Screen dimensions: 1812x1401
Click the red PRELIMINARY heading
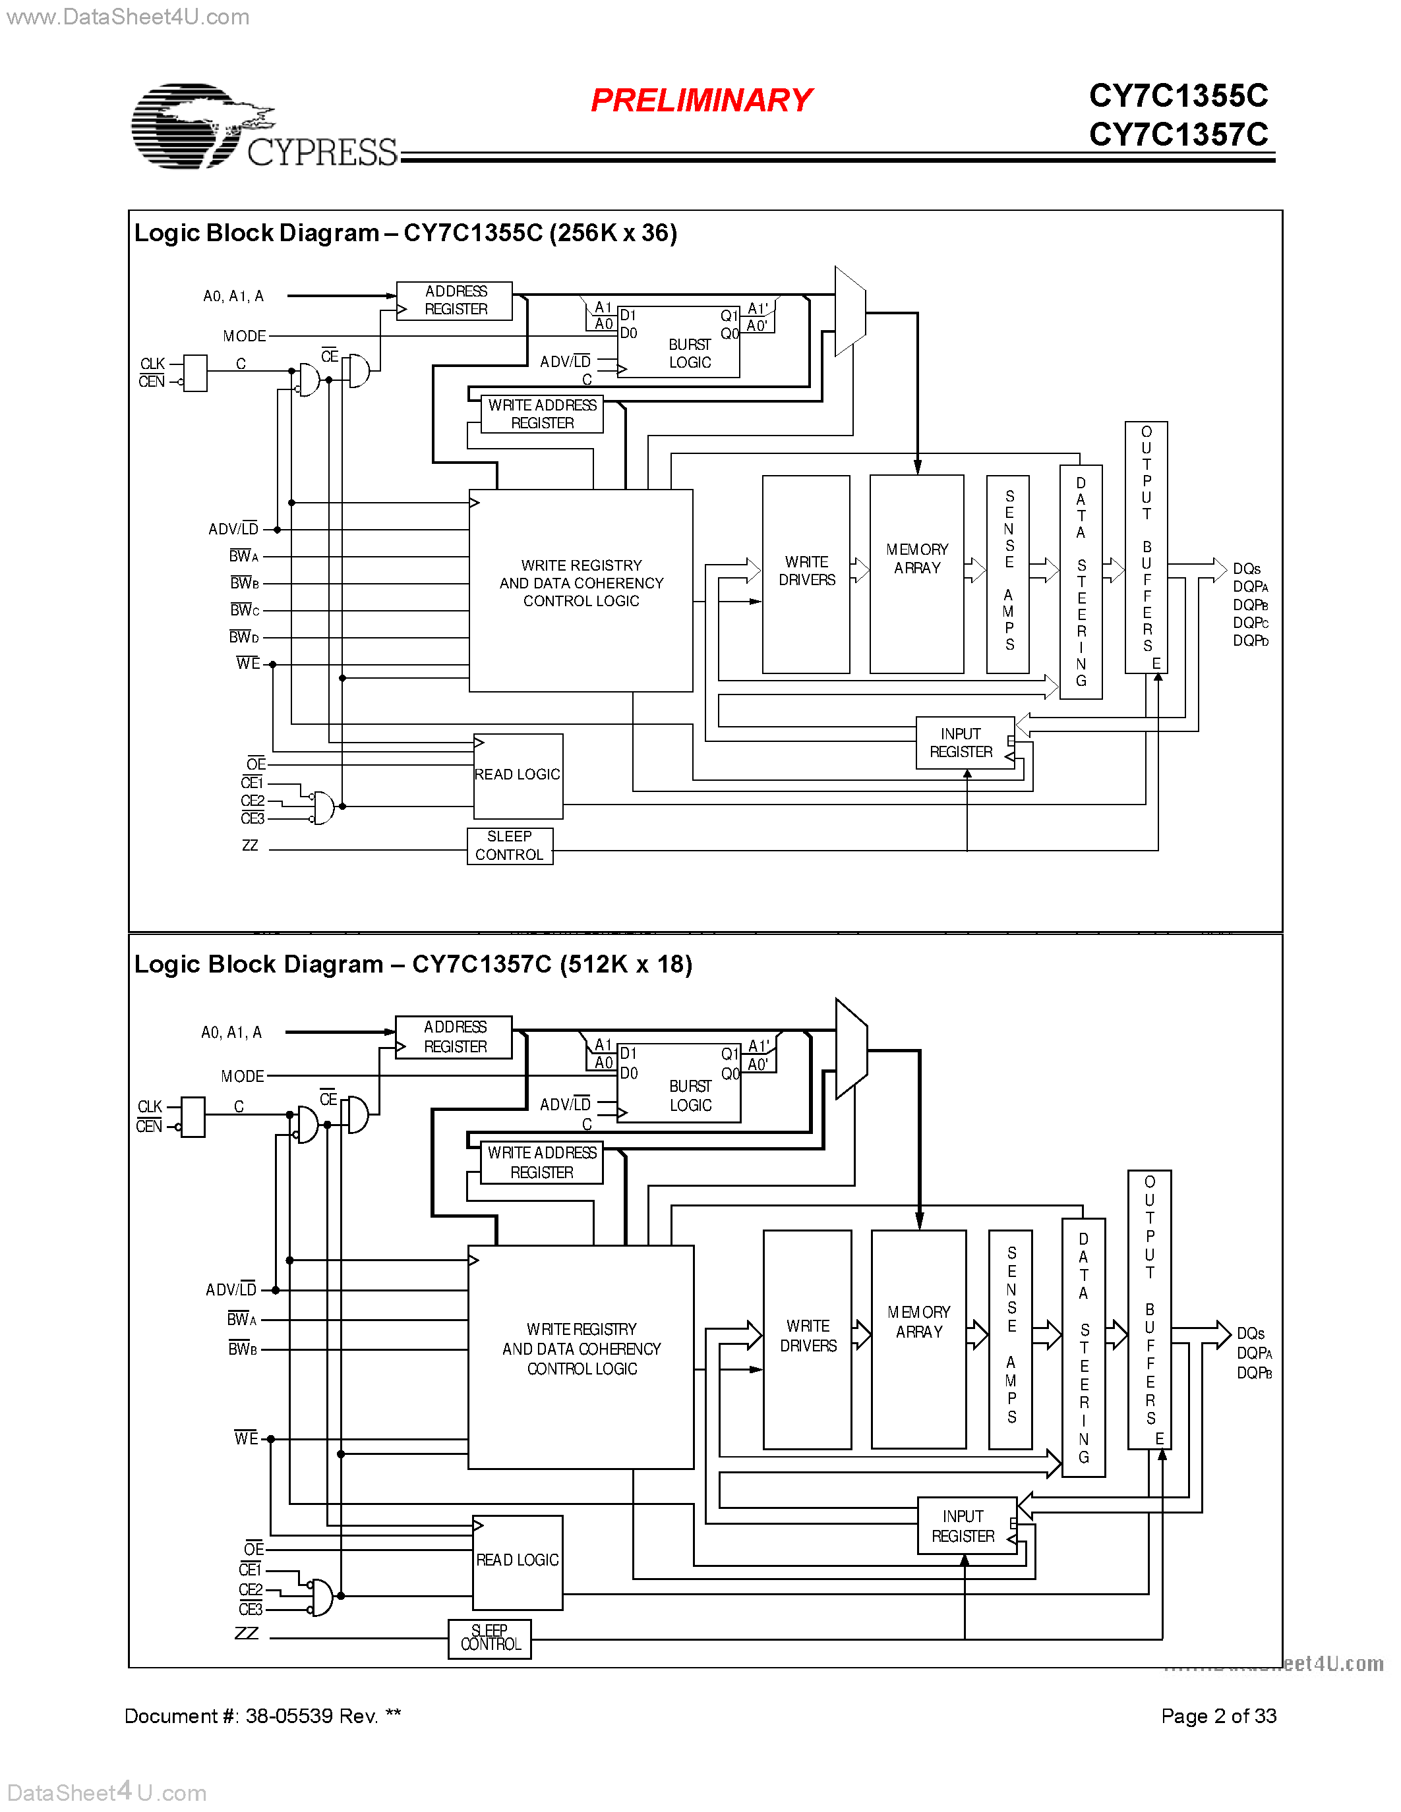[x=701, y=100]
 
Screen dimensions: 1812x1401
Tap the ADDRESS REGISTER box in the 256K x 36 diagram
[x=455, y=300]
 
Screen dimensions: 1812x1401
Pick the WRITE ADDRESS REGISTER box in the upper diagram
[x=542, y=414]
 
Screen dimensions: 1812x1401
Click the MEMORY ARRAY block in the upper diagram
[x=916, y=573]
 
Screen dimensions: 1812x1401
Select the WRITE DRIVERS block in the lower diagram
[x=808, y=1339]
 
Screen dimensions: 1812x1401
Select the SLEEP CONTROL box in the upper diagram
[x=510, y=846]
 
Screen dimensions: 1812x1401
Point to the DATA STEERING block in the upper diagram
[x=1081, y=582]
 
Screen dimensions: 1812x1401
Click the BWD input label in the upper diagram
[x=244, y=637]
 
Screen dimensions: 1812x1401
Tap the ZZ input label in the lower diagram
[x=247, y=1633]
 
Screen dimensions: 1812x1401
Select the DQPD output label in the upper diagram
[x=1250, y=640]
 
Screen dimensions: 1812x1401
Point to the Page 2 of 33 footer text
[x=1218, y=1716]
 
